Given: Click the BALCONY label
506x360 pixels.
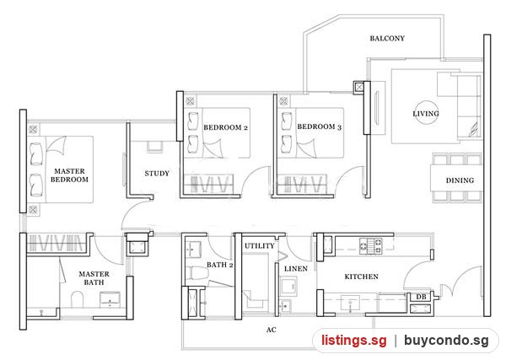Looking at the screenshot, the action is [x=387, y=39].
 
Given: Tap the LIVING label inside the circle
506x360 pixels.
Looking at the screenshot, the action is [x=426, y=114].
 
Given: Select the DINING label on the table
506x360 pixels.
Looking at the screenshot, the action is [x=460, y=180].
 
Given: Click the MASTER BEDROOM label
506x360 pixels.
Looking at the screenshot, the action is [x=69, y=175].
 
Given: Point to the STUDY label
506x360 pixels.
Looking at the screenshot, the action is [x=157, y=174].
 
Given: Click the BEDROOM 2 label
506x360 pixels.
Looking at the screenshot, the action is [x=225, y=127].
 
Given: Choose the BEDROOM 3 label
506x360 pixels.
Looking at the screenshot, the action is [x=319, y=126].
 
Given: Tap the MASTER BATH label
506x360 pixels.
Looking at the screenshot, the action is [x=94, y=278].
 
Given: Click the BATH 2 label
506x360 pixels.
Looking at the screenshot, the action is [x=220, y=265].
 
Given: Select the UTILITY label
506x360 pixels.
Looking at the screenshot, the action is [x=260, y=246].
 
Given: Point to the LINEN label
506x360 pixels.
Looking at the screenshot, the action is [x=296, y=268].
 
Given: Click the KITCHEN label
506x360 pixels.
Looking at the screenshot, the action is [x=362, y=277].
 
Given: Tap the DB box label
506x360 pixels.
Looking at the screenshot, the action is [x=421, y=297].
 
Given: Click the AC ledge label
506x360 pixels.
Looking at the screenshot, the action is [x=272, y=330].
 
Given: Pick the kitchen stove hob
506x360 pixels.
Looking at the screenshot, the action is [x=371, y=246].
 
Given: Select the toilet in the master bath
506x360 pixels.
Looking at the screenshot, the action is [x=77, y=299].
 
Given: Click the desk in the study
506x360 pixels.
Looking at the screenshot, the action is [x=155, y=147].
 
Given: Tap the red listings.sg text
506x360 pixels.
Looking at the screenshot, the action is [x=353, y=341].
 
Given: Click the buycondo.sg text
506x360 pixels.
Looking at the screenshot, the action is [x=446, y=341].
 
